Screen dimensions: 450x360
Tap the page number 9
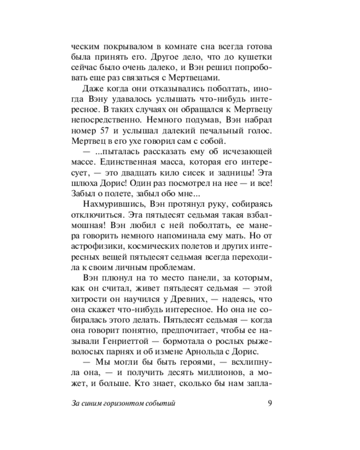[269, 403]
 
